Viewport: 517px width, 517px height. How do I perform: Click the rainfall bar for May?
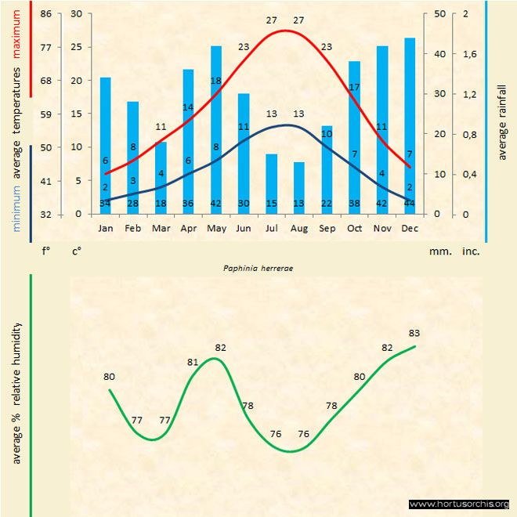(216, 129)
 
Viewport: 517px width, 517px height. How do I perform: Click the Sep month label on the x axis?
(327, 229)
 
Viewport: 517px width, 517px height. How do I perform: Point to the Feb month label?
(133, 229)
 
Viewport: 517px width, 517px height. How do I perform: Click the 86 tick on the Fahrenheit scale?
(45, 14)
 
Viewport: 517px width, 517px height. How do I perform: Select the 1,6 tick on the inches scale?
(469, 54)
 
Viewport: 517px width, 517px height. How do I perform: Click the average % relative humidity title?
(17, 392)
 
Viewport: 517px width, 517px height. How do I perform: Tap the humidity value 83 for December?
(415, 333)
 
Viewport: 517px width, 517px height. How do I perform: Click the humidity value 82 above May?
(221, 347)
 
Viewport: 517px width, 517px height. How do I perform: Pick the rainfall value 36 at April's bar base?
(187, 204)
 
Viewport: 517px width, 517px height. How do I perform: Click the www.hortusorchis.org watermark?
(459, 504)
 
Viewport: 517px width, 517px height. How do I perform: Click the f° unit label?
(45, 252)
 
